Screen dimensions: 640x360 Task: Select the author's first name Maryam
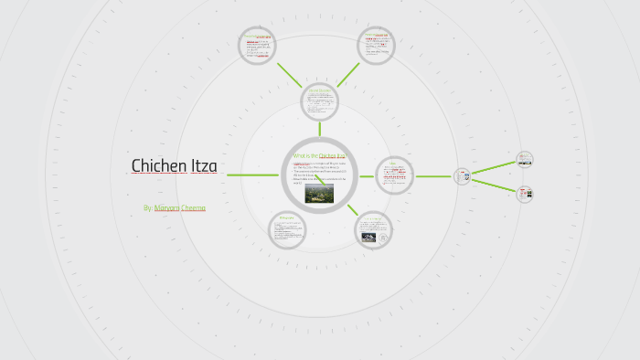coord(166,208)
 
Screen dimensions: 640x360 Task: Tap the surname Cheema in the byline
coord(193,208)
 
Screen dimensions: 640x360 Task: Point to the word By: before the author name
coord(147,208)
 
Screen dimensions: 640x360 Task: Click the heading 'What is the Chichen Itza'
coord(318,156)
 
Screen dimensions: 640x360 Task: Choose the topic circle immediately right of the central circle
coord(394,175)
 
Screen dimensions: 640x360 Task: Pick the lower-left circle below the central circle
coord(287,229)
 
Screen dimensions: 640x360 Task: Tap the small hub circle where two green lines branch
coord(463,175)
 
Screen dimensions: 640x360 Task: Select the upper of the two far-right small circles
coord(525,159)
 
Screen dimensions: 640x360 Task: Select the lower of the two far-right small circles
coord(525,194)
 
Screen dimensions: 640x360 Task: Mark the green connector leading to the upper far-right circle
coord(494,167)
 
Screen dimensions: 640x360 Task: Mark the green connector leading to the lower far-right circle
coord(494,185)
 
